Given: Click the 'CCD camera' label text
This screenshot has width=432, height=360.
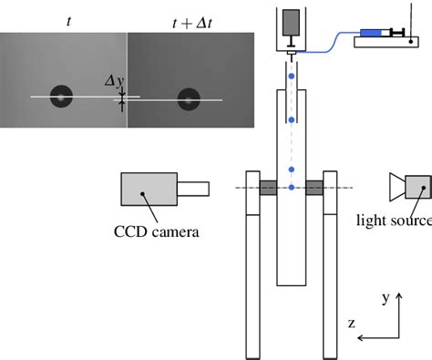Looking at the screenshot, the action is pyautogui.click(x=157, y=231).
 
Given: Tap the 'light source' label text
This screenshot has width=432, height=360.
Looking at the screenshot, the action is pyautogui.click(x=395, y=221).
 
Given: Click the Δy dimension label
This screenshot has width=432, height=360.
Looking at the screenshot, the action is pyautogui.click(x=115, y=81).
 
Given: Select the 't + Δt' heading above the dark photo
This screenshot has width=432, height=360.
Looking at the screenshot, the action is pyautogui.click(x=191, y=24).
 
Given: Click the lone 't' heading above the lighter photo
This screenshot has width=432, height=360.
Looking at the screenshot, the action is pyautogui.click(x=69, y=22).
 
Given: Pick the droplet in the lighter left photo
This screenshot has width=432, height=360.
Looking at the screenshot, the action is pyautogui.click(x=61, y=97).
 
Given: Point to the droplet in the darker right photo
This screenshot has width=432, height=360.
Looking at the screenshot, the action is pyautogui.click(x=189, y=99).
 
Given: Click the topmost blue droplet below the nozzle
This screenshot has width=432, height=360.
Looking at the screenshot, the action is pyautogui.click(x=292, y=76).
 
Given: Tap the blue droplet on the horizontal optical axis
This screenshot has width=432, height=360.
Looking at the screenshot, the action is pyautogui.click(x=292, y=188).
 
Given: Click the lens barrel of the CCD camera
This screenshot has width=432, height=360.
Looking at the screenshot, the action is pyautogui.click(x=193, y=189).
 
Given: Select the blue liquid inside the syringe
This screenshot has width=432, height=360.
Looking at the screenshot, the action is pyautogui.click(x=371, y=33).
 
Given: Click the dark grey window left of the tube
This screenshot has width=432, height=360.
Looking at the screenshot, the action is pyautogui.click(x=268, y=188).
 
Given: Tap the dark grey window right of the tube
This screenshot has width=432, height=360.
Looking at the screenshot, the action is pyautogui.click(x=314, y=188).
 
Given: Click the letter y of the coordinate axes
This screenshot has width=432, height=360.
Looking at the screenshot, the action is pyautogui.click(x=386, y=298).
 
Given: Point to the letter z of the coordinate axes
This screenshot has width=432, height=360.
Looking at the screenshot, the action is pyautogui.click(x=352, y=324).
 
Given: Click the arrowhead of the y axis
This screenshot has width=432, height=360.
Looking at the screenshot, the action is pyautogui.click(x=399, y=295).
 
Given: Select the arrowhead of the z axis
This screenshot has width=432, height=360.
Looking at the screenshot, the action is pyautogui.click(x=360, y=337).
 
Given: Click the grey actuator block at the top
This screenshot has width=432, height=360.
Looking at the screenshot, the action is pyautogui.click(x=291, y=22).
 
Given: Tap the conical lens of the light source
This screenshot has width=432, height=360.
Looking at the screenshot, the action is pyautogui.click(x=397, y=187).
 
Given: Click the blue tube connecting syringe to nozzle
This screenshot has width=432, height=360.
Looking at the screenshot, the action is pyautogui.click(x=330, y=43).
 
